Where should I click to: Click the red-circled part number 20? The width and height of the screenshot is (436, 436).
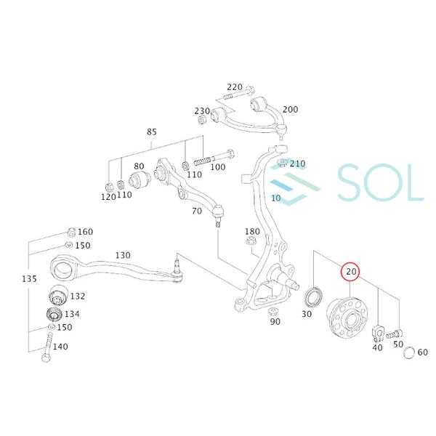351,272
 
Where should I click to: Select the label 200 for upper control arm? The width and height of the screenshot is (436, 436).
289,110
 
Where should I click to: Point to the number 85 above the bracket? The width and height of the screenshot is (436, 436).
151,132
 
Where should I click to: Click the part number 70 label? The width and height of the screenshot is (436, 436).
197,212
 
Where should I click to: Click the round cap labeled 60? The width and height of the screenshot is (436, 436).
408,353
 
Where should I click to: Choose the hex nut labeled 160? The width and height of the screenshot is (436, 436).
70,233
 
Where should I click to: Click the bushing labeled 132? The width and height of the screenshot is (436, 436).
56,296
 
